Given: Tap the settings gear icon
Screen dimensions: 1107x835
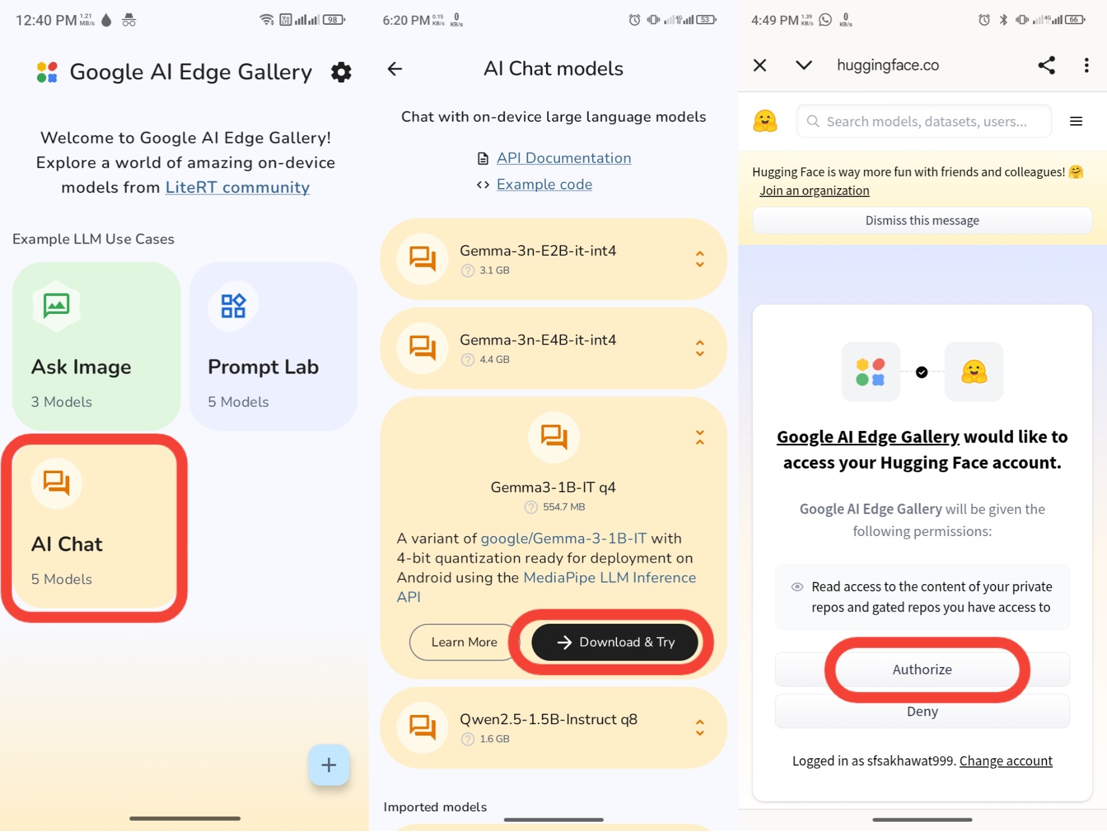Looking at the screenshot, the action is pyautogui.click(x=341, y=72).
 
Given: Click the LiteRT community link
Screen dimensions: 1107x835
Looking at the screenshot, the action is pyautogui.click(x=238, y=188).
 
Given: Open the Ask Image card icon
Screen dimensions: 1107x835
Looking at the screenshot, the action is pyautogui.click(x=57, y=305).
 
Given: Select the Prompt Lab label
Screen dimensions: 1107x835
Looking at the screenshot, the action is pyautogui.click(x=263, y=367).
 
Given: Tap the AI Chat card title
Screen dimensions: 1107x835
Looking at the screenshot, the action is pyautogui.click(x=67, y=544).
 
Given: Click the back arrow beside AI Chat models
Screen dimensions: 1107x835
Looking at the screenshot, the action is pyautogui.click(x=395, y=69).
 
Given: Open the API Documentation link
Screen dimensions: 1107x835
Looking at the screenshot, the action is pyautogui.click(x=564, y=158).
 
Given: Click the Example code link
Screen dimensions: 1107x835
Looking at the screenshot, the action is pyautogui.click(x=544, y=185).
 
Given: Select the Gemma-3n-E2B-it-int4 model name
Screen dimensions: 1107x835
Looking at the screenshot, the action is pyautogui.click(x=538, y=251).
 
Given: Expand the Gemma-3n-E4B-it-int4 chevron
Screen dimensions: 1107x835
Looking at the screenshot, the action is pyautogui.click(x=700, y=349).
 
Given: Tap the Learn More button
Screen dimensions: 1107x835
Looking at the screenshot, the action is pyautogui.click(x=464, y=642).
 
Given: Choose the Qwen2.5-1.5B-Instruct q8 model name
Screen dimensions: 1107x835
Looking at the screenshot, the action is pyautogui.click(x=548, y=720).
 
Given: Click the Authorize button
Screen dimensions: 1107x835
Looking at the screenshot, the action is pyautogui.click(x=922, y=670).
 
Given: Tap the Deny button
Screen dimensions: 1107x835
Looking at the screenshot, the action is pyautogui.click(x=922, y=712).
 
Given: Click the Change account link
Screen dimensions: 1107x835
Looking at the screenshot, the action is pyautogui.click(x=1006, y=761).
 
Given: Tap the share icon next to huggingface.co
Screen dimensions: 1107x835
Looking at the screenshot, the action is pyautogui.click(x=1046, y=65).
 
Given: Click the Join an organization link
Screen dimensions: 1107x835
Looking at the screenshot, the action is pyautogui.click(x=814, y=191).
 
